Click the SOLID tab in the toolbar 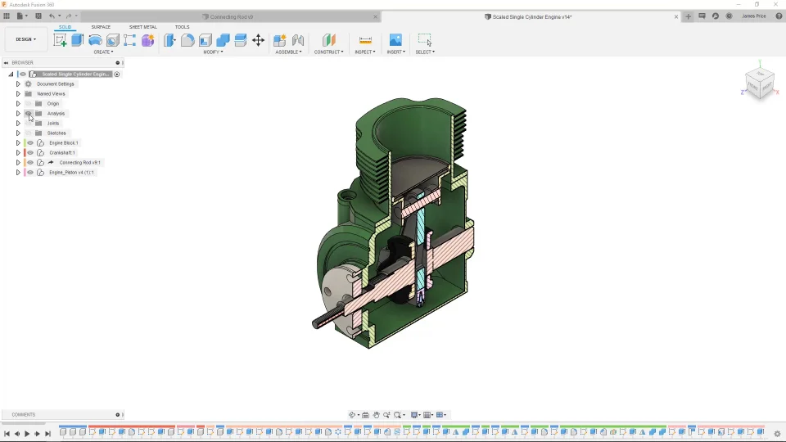coord(65,27)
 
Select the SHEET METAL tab coord(142,27)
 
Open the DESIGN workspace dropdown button coord(25,39)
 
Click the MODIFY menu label coord(212,52)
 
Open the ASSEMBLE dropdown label coord(288,52)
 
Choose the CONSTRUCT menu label coord(328,52)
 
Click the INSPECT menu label coord(364,52)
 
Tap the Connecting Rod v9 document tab coord(232,16)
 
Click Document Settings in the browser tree coord(55,84)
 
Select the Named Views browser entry coord(51,94)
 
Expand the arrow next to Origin coord(18,104)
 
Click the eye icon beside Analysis coord(29,114)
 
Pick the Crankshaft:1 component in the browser coord(61,153)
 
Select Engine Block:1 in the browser coord(63,143)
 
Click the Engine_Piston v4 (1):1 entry coord(71,173)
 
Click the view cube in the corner coord(759,82)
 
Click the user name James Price coord(753,16)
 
